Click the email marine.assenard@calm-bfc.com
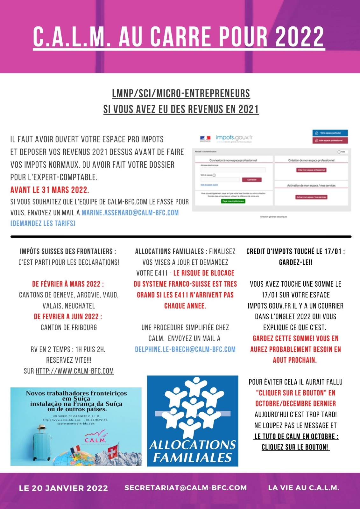130,213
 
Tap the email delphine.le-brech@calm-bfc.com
185,349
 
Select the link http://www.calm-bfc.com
75,371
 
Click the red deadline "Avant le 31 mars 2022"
50,190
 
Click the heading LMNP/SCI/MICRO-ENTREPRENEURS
181,94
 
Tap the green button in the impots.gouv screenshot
233,201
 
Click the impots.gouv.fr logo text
234,137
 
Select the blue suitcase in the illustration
42,447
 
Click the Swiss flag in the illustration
113,452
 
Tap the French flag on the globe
76,450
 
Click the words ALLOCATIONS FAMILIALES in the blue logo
193,451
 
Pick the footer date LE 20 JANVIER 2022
63,488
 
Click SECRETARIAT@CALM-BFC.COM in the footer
186,488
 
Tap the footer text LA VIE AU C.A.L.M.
304,488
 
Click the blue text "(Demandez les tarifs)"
43,223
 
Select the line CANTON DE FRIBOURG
69,327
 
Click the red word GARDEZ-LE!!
295,262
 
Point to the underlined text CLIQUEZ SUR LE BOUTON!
295,447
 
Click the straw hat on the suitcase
42,428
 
